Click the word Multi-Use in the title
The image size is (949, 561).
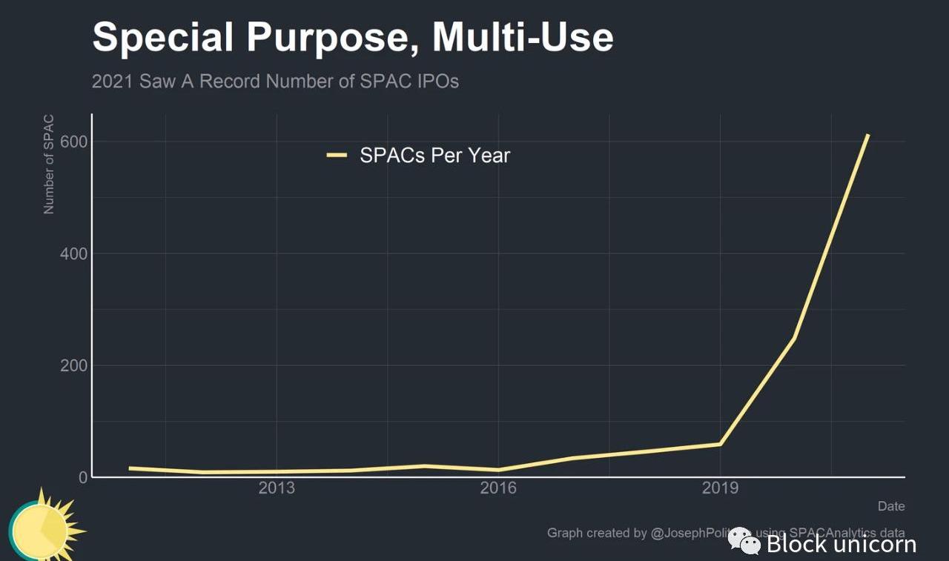click(x=523, y=37)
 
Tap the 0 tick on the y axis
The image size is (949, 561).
click(x=83, y=477)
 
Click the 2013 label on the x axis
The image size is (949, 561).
click(x=276, y=488)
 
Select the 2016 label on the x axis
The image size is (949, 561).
click(x=498, y=488)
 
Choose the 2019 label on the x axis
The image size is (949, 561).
click(x=720, y=488)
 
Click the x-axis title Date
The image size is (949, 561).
click(x=891, y=507)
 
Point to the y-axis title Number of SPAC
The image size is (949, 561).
click(x=49, y=165)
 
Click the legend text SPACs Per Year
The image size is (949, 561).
click(x=434, y=156)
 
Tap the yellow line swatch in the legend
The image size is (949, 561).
click(x=337, y=155)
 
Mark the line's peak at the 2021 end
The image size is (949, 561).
click(x=867, y=136)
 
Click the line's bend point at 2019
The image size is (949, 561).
click(x=719, y=444)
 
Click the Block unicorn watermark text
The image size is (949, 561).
click(x=841, y=545)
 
